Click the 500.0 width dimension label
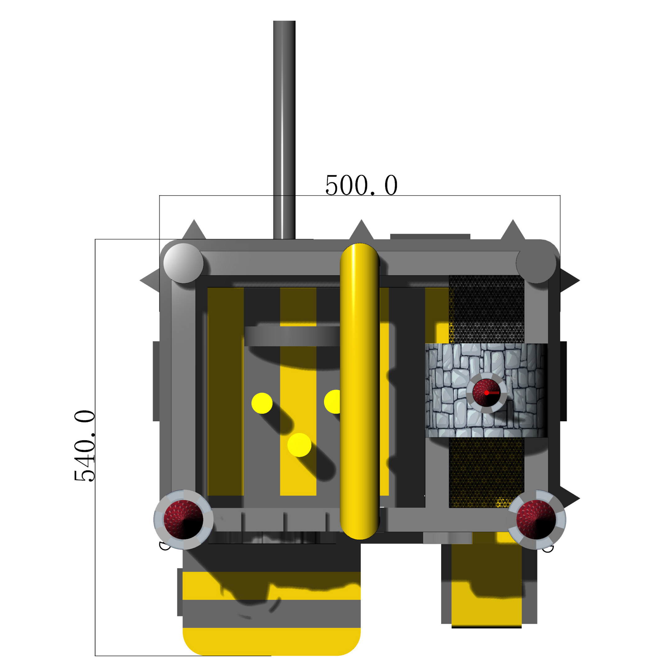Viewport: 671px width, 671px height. [x=361, y=185]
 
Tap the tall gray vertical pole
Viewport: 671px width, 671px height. [x=284, y=129]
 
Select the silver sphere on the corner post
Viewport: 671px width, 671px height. [x=183, y=263]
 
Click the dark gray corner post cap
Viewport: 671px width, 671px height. [x=536, y=263]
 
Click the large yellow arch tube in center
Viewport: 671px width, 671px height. [x=359, y=392]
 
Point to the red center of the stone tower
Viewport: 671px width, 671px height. [x=486, y=393]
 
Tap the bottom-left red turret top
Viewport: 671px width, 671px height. [x=183, y=520]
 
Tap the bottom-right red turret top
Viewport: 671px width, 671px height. [x=536, y=520]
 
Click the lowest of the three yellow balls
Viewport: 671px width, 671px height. [x=299, y=445]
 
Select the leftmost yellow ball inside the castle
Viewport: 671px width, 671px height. [x=262, y=403]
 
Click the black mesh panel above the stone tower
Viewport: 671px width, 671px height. [x=486, y=309]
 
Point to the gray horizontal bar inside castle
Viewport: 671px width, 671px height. [x=292, y=336]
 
